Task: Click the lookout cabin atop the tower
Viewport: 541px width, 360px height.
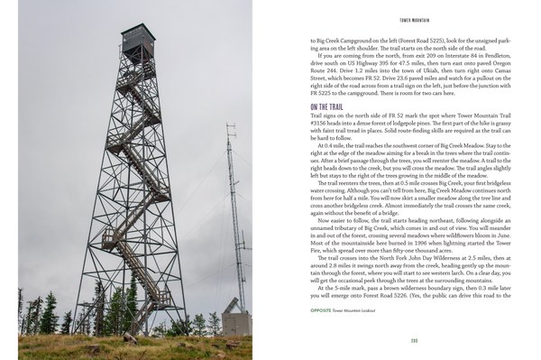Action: tap(138, 41)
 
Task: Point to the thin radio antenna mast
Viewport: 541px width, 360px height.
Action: tap(233, 208)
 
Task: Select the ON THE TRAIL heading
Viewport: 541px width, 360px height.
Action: tap(330, 133)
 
